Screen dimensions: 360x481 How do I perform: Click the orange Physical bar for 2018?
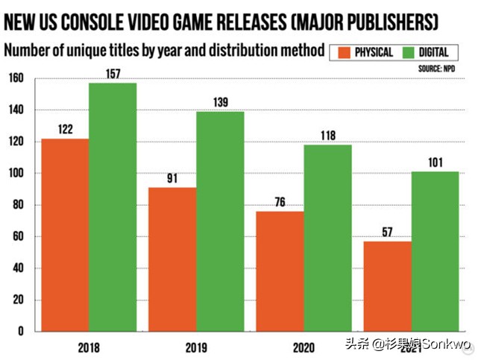tap(65, 235)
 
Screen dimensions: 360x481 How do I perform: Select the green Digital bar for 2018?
tap(113, 207)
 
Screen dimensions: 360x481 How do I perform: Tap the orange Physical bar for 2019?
tap(172, 259)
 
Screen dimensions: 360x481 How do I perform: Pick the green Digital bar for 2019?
tap(220, 221)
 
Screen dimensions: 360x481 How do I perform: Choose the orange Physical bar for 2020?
tap(280, 271)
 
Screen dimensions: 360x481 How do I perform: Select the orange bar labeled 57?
tap(387, 286)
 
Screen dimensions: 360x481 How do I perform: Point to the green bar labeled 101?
tap(435, 251)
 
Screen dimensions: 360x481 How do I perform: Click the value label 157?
tap(113, 75)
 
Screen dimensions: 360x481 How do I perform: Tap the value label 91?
tap(172, 179)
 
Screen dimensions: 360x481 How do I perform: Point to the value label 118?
tap(327, 136)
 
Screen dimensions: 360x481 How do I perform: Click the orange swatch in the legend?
tap(345, 52)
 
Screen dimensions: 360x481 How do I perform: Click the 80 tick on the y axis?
tap(18, 204)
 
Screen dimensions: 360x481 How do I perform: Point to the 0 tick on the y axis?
tap(21, 331)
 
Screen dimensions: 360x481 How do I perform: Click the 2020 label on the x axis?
tap(303, 347)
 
